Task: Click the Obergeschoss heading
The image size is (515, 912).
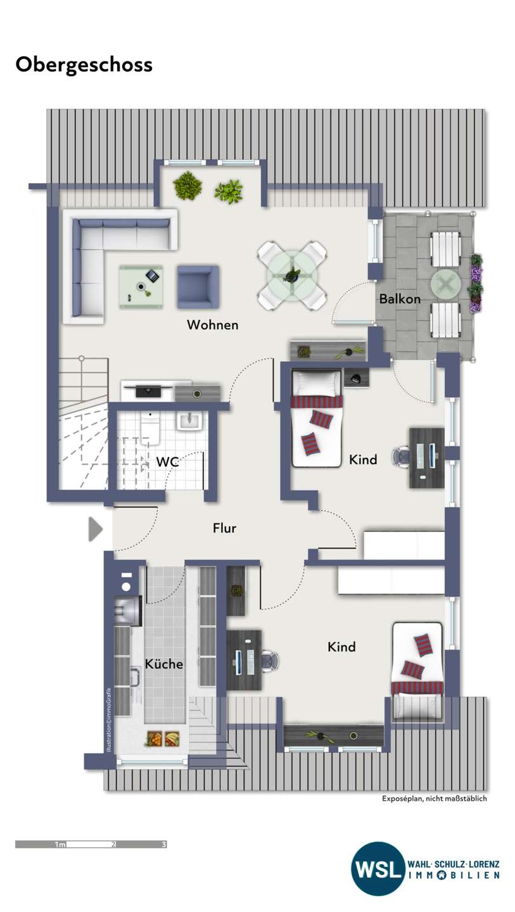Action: [84, 65]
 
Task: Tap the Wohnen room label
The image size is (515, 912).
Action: [212, 325]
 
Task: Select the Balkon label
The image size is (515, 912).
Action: [400, 299]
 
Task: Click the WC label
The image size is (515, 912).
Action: [167, 462]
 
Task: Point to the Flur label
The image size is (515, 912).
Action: [224, 528]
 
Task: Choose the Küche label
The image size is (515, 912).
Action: [164, 664]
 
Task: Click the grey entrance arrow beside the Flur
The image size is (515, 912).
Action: [95, 529]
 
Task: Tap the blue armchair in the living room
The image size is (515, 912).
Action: [198, 286]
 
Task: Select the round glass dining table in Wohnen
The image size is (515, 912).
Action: [292, 275]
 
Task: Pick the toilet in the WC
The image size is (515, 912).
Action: [150, 429]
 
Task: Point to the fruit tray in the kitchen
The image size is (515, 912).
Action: [163, 738]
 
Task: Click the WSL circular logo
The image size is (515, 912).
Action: [378, 868]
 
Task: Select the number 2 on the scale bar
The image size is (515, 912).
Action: [113, 844]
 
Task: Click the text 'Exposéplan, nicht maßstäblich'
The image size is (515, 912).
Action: [434, 799]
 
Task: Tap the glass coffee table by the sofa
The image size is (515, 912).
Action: [141, 286]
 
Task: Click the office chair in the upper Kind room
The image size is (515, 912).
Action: [402, 456]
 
